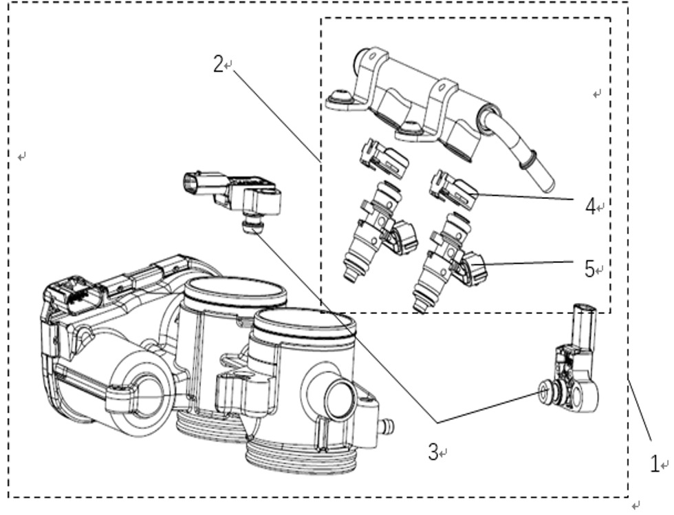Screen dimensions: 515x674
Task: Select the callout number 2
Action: (x=218, y=64)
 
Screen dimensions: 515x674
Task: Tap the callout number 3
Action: (x=433, y=452)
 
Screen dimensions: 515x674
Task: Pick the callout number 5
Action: (x=589, y=269)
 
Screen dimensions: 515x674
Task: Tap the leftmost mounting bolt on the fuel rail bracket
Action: (x=338, y=97)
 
